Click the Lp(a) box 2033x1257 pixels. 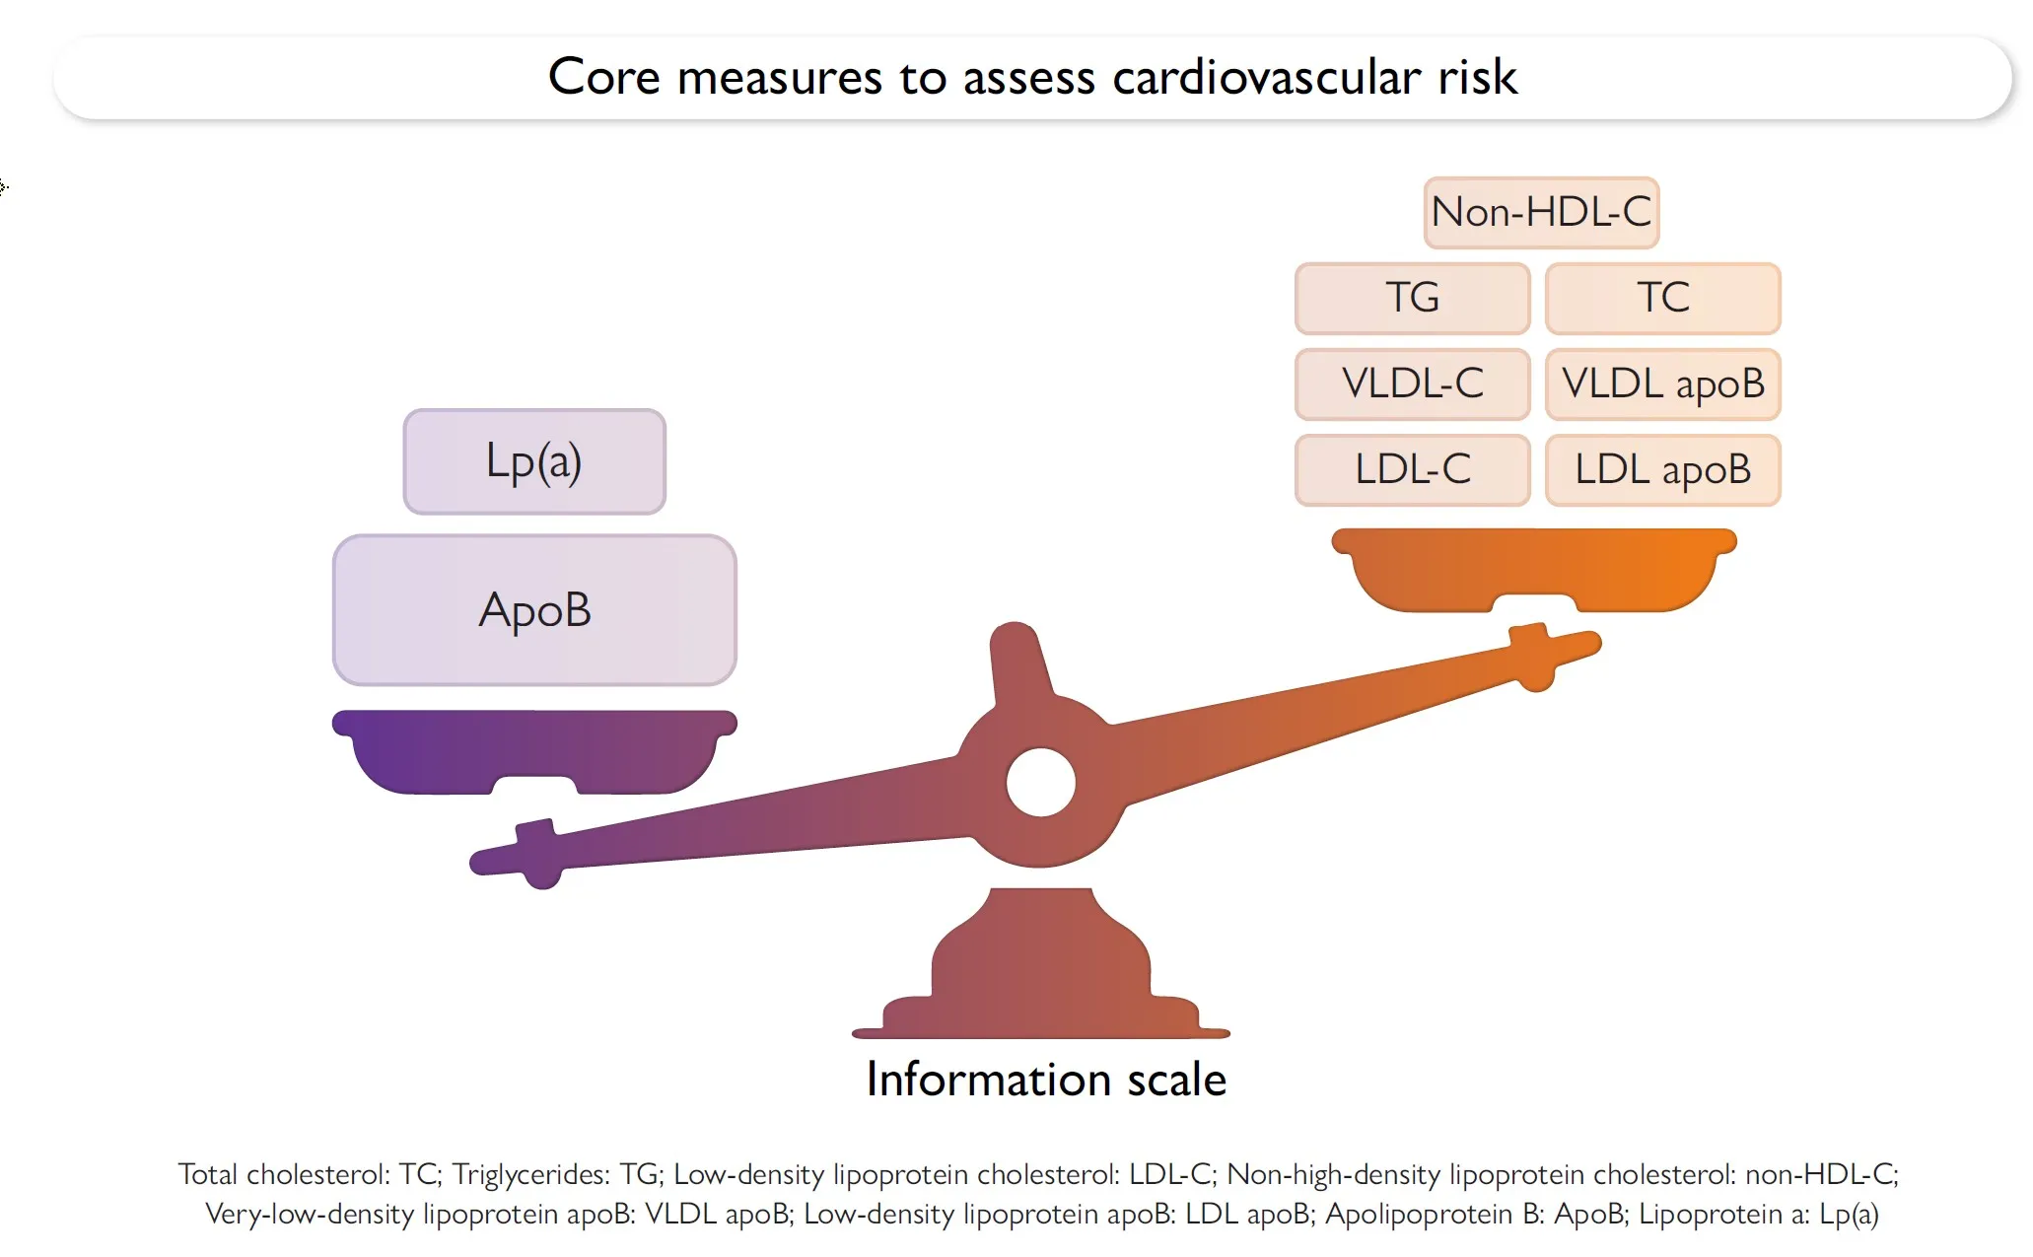[x=534, y=461]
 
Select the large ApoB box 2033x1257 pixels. [x=534, y=610]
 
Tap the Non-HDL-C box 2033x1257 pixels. [x=1541, y=212]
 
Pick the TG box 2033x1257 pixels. [x=1412, y=298]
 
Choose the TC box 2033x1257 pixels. [x=1662, y=298]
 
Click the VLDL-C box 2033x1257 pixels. [x=1412, y=384]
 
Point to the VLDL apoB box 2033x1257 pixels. [x=1662, y=384]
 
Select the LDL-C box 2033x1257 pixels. [x=1412, y=469]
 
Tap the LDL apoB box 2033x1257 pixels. [x=1662, y=469]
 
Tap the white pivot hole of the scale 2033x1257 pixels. [x=1040, y=783]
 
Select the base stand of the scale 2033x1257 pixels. [x=1040, y=971]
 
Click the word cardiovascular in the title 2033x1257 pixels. [x=1266, y=77]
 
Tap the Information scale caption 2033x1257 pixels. [x=1046, y=1080]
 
